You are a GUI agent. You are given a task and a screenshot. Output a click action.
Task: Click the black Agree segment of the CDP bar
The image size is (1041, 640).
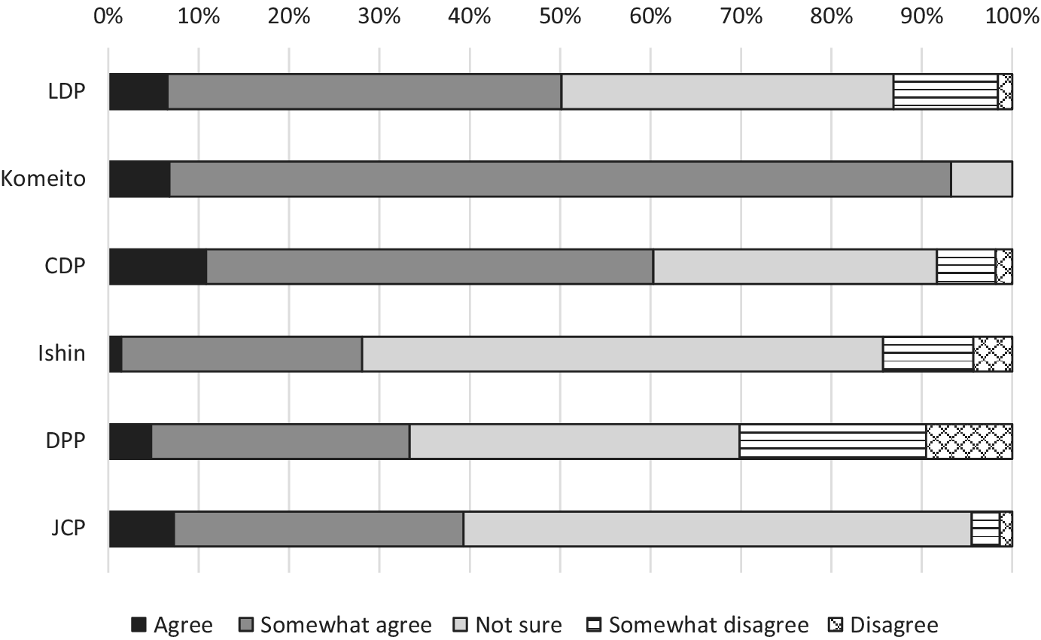click(x=158, y=267)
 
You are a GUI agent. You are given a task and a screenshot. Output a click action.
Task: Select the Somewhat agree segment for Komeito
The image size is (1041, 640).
click(x=561, y=179)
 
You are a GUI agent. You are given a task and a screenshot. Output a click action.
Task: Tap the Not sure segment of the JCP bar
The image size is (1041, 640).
click(x=717, y=529)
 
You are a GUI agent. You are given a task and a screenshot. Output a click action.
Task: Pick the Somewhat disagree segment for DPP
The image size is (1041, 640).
click(x=832, y=441)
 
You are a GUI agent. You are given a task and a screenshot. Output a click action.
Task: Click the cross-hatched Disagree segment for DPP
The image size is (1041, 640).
click(x=969, y=441)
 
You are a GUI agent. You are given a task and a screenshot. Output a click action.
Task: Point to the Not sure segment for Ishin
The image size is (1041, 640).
click(x=622, y=354)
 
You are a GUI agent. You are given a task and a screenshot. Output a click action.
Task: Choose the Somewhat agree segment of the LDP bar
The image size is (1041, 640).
click(x=365, y=92)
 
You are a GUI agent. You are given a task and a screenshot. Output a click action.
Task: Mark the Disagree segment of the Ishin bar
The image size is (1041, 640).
click(x=992, y=354)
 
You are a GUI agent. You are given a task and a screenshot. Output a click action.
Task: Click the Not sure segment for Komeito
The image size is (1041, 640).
click(x=982, y=179)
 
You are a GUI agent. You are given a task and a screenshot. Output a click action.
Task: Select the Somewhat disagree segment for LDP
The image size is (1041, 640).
click(x=945, y=92)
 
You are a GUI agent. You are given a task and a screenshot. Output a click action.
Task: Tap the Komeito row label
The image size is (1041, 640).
click(x=44, y=179)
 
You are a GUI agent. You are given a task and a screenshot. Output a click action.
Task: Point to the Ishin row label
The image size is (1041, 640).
click(x=62, y=354)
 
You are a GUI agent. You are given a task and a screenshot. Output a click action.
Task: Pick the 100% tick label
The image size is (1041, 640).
click(x=1011, y=15)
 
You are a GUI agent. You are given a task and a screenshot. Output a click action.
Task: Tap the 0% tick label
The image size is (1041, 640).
click(x=108, y=15)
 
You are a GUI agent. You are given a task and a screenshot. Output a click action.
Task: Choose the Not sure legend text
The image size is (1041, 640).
click(x=519, y=625)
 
